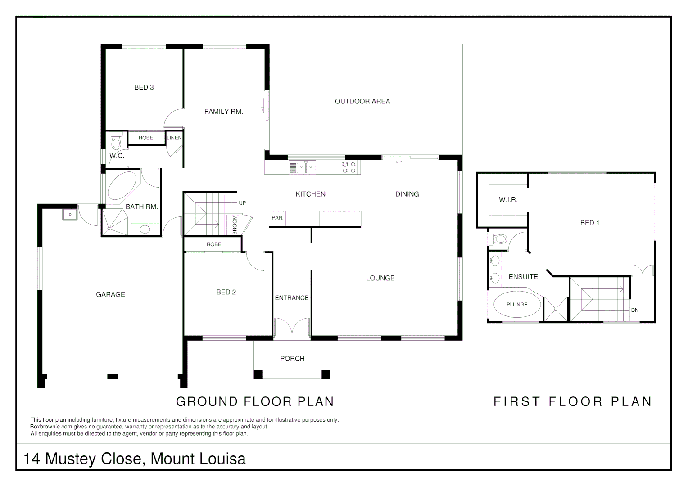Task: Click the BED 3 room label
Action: (x=144, y=87)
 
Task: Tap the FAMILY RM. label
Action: (x=223, y=112)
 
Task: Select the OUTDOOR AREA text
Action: (x=362, y=101)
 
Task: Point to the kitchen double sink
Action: (x=306, y=168)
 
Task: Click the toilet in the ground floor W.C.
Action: (x=116, y=141)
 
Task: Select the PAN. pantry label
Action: (x=277, y=218)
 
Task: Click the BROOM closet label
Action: (x=235, y=225)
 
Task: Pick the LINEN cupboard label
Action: (x=174, y=138)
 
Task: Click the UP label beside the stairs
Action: (x=242, y=203)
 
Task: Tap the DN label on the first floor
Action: (x=634, y=310)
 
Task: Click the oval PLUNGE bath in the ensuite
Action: (x=517, y=305)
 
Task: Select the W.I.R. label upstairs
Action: (x=508, y=199)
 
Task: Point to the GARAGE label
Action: (x=110, y=294)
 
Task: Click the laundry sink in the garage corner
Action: (x=70, y=215)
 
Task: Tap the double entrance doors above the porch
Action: (x=292, y=327)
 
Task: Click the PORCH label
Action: (x=292, y=359)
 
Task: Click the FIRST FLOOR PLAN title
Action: (x=572, y=401)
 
